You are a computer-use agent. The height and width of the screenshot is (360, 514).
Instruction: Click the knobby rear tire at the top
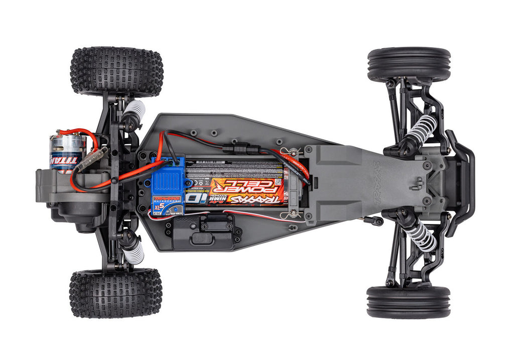(116, 71)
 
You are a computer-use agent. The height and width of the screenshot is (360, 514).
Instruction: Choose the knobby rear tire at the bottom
(115, 293)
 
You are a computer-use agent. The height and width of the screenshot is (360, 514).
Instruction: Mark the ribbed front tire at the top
(409, 65)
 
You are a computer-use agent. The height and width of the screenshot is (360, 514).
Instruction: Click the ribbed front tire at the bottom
(408, 302)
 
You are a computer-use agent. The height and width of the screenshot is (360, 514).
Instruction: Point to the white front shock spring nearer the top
(421, 129)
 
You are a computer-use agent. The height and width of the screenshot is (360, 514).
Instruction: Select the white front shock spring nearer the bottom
(421, 235)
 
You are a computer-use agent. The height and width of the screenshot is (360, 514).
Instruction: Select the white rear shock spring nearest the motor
(136, 110)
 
